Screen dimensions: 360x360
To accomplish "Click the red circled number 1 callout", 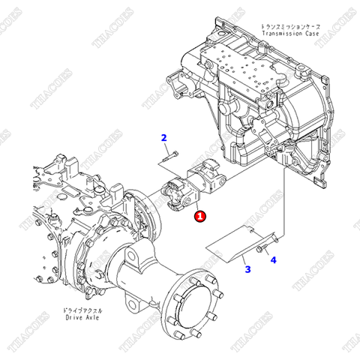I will (199, 216).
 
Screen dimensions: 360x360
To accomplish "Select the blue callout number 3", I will (247, 268).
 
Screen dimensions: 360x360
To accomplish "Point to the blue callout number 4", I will (273, 259).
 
